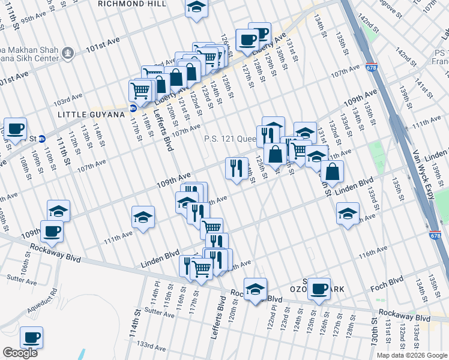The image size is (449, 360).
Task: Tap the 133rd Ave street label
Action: pos(151,346)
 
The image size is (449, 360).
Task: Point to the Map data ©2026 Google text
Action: pos(412,355)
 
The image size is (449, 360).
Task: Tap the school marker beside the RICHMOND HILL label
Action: pos(196,8)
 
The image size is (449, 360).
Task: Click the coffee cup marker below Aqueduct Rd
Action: pos(31,338)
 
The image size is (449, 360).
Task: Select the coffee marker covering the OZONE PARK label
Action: pos(319,289)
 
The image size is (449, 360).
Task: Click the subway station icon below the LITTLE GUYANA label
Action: pos(133,109)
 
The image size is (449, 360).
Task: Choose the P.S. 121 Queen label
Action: pos(230,139)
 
